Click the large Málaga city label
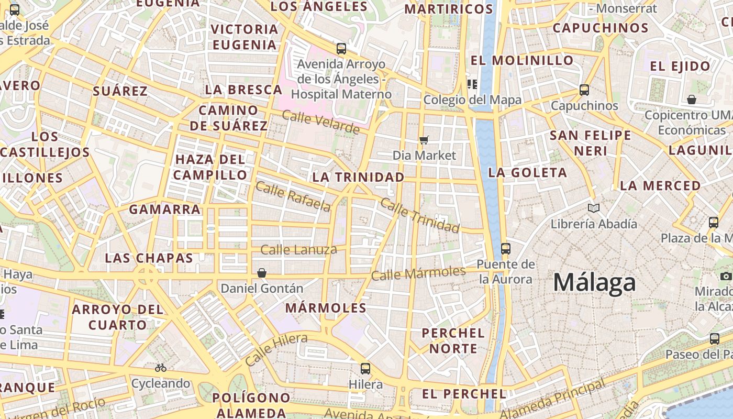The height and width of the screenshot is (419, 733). coord(594,283)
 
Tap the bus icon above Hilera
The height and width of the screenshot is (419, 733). coord(365,368)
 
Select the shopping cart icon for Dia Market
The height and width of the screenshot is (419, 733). coord(424,140)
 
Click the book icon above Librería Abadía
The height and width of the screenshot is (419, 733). coord(593,208)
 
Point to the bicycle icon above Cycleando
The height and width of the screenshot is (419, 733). coord(161,368)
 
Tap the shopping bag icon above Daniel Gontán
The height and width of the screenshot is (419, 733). coord(262,273)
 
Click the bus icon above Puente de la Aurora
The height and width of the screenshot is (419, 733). coord(505,249)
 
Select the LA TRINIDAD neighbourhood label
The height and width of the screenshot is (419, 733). coord(358,177)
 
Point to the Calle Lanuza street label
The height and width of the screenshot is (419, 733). coord(298,250)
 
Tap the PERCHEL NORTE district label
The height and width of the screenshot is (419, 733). coord(453,340)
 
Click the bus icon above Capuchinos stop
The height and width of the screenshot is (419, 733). coord(584,90)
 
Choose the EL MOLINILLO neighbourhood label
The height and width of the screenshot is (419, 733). coord(522,60)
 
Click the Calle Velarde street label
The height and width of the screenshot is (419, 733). coord(320,121)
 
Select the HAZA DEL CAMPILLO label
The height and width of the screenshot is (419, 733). coord(210,167)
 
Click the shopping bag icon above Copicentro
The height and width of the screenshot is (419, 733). coord(692,100)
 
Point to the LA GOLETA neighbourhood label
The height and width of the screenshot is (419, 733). coord(527,172)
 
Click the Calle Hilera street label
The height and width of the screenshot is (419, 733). coord(276,349)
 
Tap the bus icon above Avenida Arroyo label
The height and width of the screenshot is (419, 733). coord(341,49)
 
